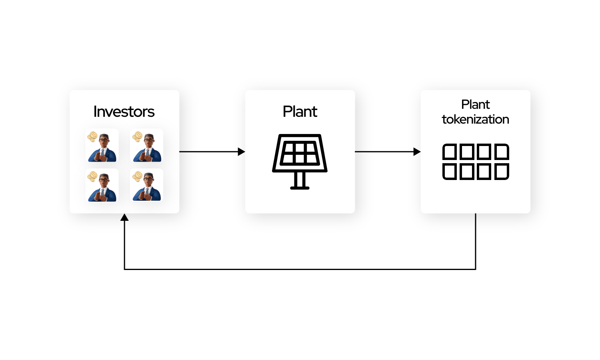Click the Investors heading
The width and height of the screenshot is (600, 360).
click(124, 112)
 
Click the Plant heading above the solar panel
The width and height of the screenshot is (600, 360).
click(300, 112)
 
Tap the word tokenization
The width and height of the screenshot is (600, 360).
click(476, 120)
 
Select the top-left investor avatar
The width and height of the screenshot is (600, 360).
click(102, 146)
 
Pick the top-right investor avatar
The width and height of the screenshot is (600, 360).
click(146, 146)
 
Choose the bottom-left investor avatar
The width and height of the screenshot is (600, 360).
click(102, 185)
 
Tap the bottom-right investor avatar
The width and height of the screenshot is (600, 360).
click(146, 185)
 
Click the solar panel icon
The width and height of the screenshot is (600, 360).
click(300, 162)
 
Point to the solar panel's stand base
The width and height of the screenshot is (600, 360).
click(300, 188)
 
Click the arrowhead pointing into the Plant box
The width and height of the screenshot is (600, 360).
click(242, 152)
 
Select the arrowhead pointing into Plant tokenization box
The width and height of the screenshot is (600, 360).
click(417, 152)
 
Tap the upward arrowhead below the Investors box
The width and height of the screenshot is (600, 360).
click(124, 217)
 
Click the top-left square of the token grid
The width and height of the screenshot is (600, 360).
click(450, 152)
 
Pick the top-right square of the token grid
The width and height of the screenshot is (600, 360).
click(502, 152)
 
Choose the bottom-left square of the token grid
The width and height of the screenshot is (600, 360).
click(450, 172)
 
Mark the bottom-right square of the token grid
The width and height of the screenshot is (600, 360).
click(502, 172)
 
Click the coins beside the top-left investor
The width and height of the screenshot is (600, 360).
click(92, 137)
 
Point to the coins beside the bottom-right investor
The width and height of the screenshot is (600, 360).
click(137, 176)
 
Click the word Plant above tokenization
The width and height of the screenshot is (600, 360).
click(476, 104)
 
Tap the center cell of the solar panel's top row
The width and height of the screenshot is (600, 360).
click(300, 148)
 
